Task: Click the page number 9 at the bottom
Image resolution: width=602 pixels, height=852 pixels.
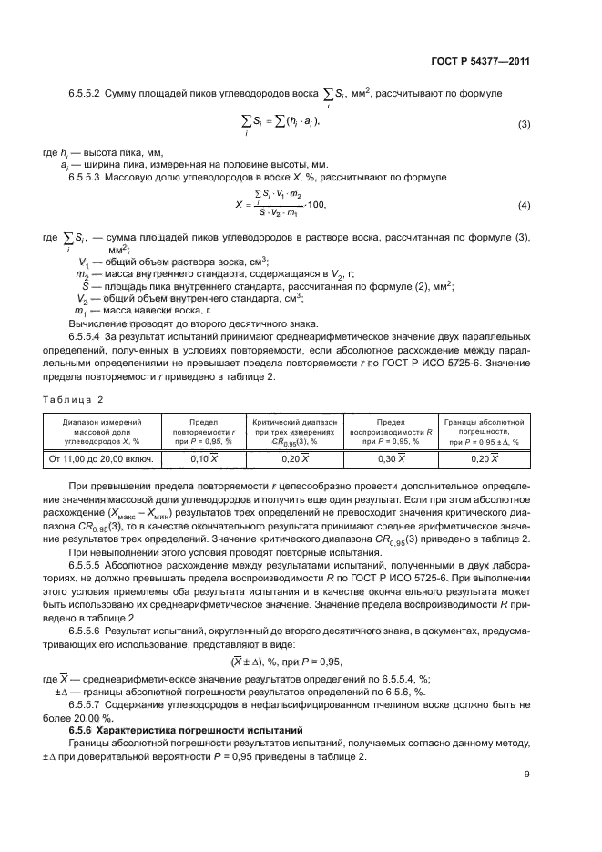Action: [527, 775]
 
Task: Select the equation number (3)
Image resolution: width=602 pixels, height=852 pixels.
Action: [524, 124]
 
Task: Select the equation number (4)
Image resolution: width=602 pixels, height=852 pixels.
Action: [524, 205]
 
